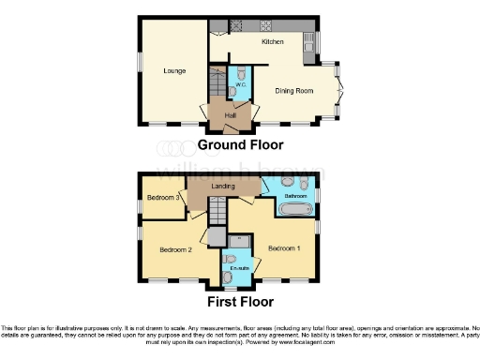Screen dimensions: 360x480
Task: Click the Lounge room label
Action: pos(173,71)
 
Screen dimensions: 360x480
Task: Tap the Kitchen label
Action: pos(272,42)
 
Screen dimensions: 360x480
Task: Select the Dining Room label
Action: pos(292,91)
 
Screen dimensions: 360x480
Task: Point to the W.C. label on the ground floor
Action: pos(239,85)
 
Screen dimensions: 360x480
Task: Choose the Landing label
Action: pos(224,187)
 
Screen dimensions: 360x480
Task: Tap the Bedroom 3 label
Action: pos(165,199)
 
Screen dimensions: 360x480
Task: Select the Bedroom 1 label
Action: pos(283,248)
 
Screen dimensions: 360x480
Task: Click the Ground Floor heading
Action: pos(240,145)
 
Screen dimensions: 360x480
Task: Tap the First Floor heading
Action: pos(240,302)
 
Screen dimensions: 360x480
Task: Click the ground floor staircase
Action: pos(216,87)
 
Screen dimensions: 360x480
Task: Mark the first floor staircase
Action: pos(217,218)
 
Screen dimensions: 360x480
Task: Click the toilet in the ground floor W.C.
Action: pos(239,73)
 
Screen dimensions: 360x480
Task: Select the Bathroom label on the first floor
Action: pos(283,195)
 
